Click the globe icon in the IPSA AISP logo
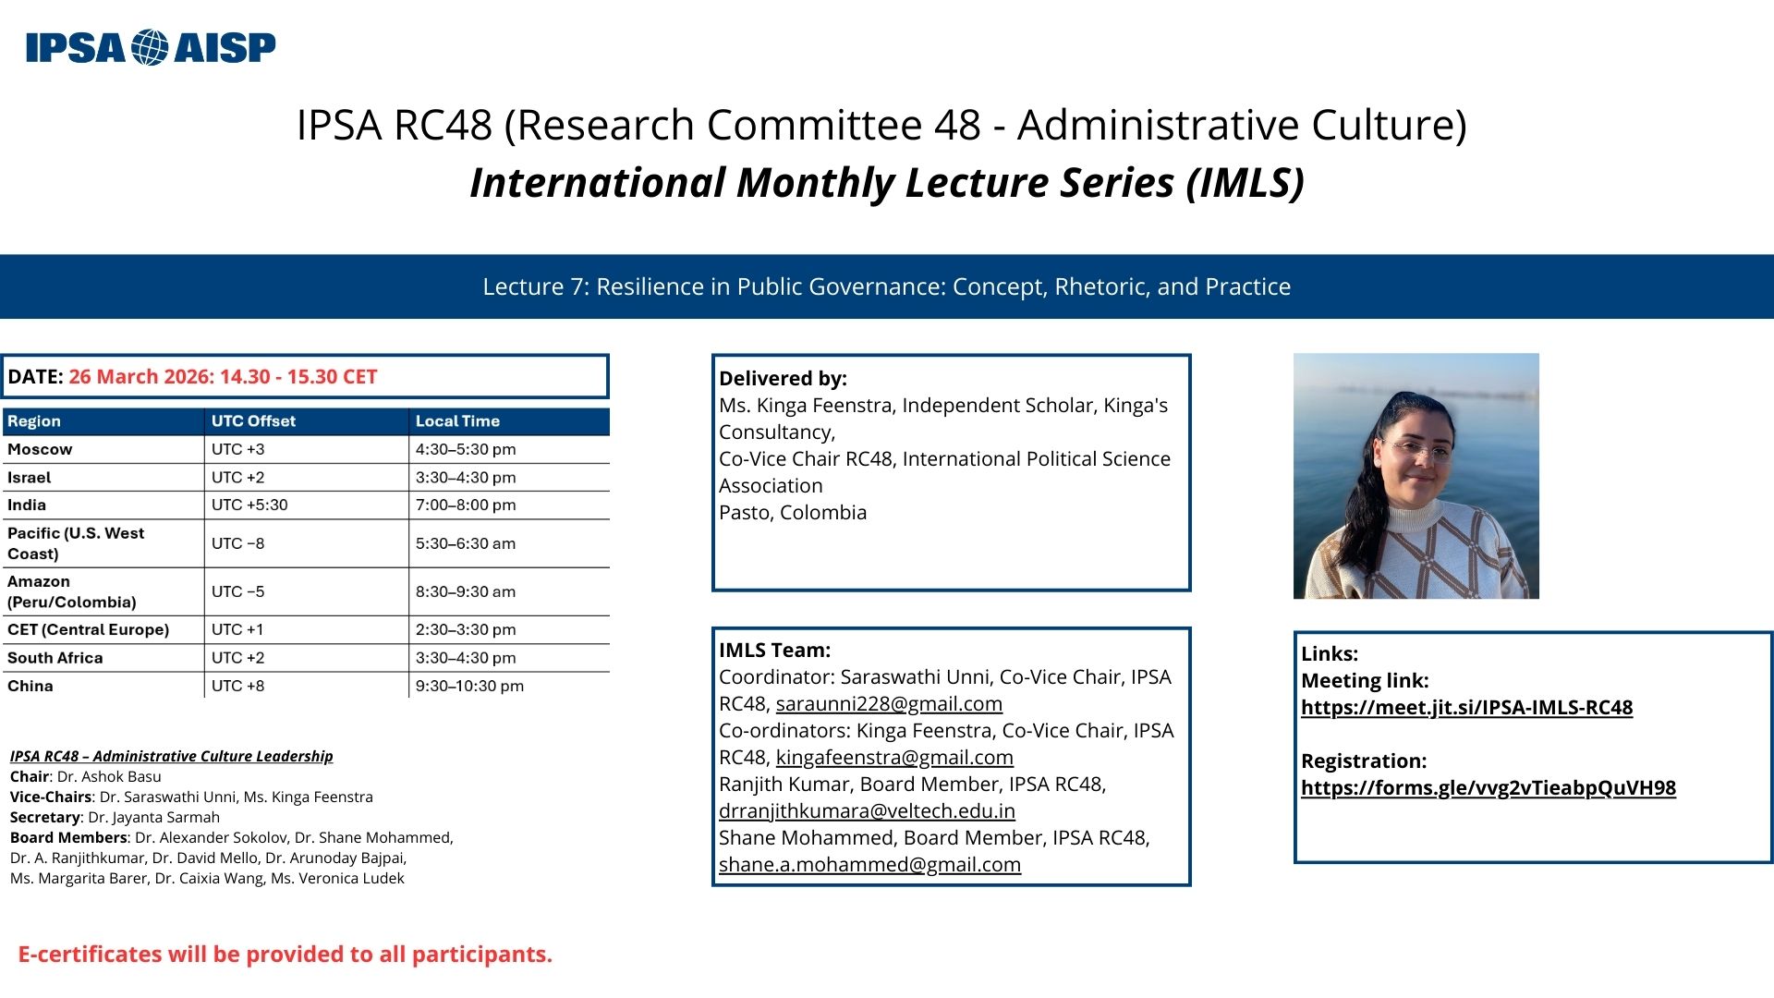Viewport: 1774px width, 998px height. (150, 47)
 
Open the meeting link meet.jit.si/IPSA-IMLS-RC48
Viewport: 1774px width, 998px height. (1466, 708)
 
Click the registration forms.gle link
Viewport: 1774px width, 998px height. (1488, 788)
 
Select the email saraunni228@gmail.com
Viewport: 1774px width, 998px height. (889, 704)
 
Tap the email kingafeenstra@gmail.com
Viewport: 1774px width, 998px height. (894, 758)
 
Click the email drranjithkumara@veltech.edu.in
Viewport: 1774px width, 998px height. (867, 811)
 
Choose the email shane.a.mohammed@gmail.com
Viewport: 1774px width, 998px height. (869, 865)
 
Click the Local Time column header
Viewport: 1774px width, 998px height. (457, 421)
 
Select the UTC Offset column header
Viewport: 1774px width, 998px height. (253, 421)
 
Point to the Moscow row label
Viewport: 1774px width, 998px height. (40, 449)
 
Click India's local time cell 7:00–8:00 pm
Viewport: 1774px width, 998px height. (466, 505)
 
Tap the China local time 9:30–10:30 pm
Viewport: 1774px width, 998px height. (469, 686)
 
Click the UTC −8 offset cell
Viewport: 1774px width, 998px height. (237, 543)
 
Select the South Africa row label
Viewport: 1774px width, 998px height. (55, 658)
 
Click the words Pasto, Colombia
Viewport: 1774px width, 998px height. (793, 513)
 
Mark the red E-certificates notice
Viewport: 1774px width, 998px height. (286, 955)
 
